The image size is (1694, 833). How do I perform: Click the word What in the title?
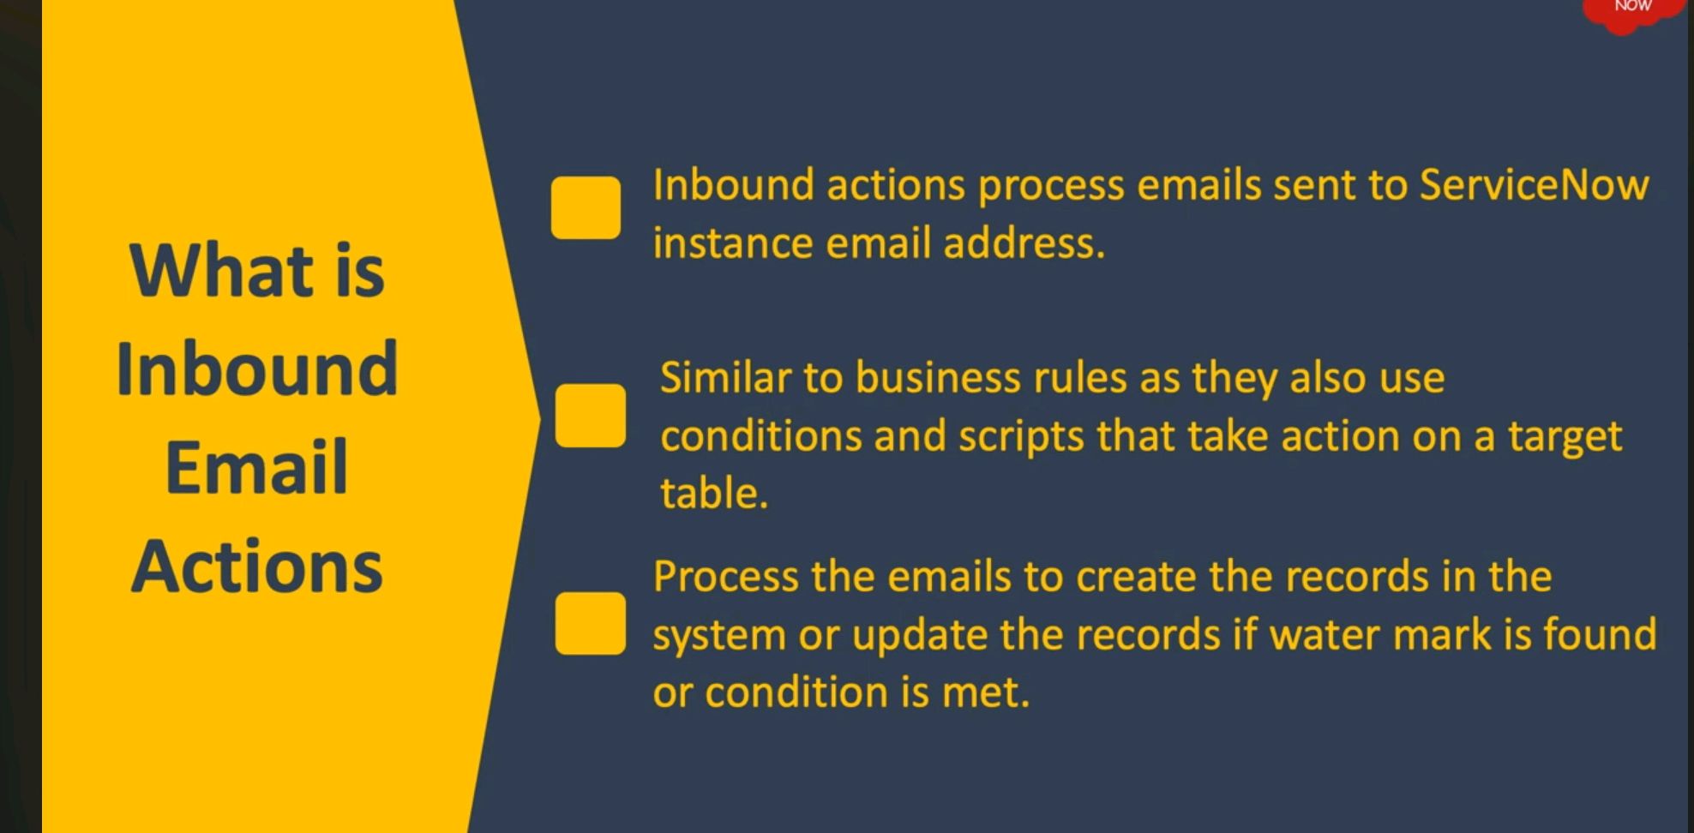coord(221,271)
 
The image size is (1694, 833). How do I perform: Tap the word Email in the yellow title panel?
coord(256,468)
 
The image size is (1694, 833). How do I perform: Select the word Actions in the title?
coord(256,567)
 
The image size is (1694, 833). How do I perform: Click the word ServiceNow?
coord(1534,185)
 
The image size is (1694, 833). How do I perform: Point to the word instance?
coord(732,243)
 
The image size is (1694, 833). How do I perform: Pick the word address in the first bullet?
coord(1024,243)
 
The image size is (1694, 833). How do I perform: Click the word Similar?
coord(725,378)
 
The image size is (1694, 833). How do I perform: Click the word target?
coord(1565,437)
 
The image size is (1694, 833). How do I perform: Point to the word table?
coord(713,494)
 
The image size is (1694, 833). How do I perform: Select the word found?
coord(1599,635)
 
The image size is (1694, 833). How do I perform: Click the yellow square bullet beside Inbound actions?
coord(586,207)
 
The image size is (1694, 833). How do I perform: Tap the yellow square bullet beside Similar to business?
coord(590,416)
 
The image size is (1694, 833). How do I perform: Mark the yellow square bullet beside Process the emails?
coord(590,623)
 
